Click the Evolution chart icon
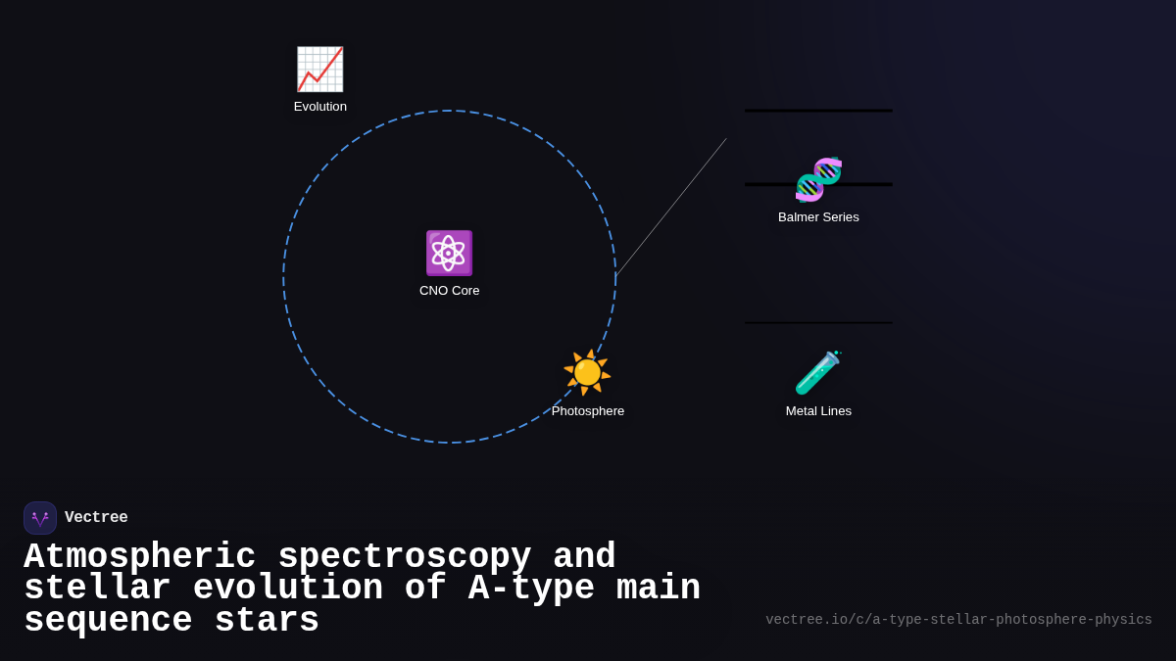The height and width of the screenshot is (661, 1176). pos(319,70)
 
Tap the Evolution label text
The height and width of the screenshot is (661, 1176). pos(320,107)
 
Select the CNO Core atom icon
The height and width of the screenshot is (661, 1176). pos(449,253)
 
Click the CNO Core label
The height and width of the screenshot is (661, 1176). pos(450,291)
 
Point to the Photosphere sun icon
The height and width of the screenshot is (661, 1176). pos(587,372)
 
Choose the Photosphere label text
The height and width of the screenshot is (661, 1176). pos(588,411)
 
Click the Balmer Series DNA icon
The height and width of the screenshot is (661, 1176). pos(818,179)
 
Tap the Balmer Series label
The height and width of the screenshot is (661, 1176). pos(818,217)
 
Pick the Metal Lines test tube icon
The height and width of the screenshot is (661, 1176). pos(818,372)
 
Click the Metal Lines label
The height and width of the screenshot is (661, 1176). pos(818,411)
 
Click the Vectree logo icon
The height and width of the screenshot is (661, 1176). pos(40,518)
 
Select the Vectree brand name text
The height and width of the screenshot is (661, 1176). pos(96,518)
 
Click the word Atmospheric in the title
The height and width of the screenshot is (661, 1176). pos(139,557)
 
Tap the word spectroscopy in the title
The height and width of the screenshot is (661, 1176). pos(405,557)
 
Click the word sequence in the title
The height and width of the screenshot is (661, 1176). pos(108,621)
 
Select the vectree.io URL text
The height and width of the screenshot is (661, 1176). pos(958,620)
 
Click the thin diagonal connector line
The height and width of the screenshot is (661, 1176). pos(671,208)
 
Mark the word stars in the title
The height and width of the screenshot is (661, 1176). pos(267,621)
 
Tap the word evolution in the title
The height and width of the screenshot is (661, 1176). pos(287,589)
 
